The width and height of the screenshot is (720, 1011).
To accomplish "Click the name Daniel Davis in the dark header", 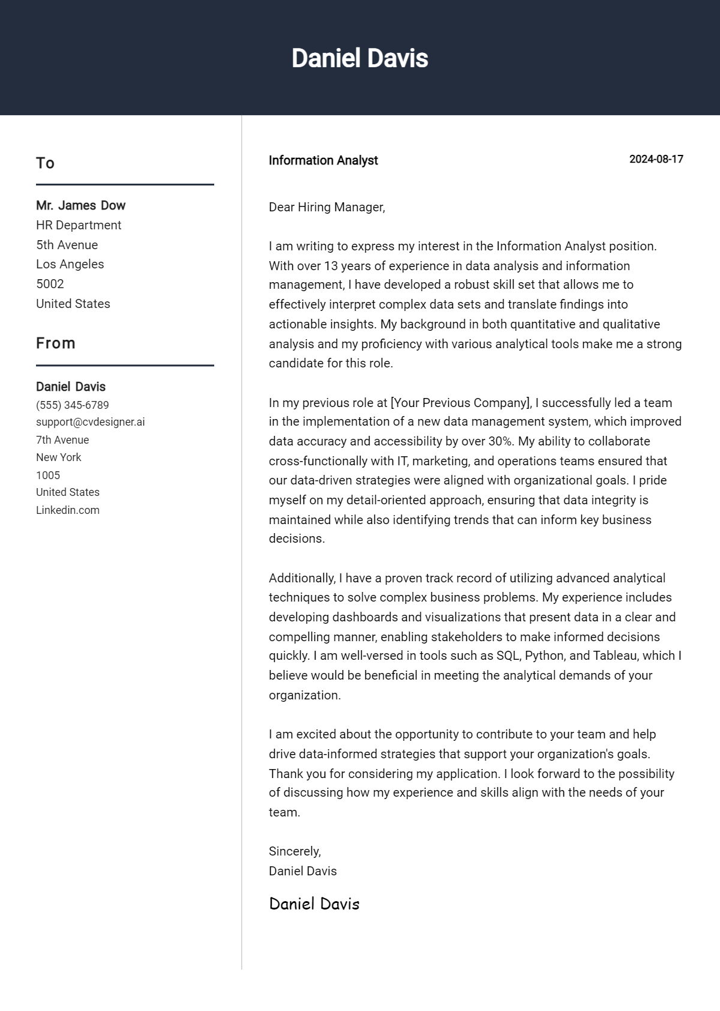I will [x=359, y=58].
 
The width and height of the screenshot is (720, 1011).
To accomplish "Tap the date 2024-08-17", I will [x=656, y=159].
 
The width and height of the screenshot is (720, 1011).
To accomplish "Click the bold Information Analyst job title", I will [x=323, y=160].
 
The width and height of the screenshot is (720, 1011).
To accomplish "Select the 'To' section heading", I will [x=45, y=163].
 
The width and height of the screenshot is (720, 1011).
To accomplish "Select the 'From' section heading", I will [x=56, y=343].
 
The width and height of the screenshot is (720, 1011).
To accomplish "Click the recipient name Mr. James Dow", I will [x=80, y=205].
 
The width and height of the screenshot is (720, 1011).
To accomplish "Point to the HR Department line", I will [x=79, y=225].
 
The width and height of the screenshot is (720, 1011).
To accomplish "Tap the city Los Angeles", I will [x=70, y=264].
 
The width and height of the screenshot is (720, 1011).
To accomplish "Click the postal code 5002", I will [x=50, y=284].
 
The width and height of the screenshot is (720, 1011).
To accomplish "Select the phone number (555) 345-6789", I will [x=73, y=405].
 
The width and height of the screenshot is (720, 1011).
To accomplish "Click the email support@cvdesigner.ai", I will [x=90, y=422].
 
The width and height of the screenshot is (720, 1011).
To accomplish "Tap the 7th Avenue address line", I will [x=62, y=440].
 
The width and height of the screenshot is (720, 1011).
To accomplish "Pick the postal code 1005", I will [x=48, y=475].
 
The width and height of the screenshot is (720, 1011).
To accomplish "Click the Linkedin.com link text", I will [x=68, y=510].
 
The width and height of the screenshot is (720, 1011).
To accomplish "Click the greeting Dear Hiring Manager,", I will [x=326, y=207].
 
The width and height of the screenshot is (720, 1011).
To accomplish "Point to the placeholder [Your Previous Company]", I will [x=460, y=403].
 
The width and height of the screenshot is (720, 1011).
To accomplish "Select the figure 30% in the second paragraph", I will [x=500, y=441].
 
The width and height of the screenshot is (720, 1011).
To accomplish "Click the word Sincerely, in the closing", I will [x=295, y=851].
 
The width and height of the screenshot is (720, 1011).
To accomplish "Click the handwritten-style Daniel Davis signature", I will [x=314, y=904].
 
